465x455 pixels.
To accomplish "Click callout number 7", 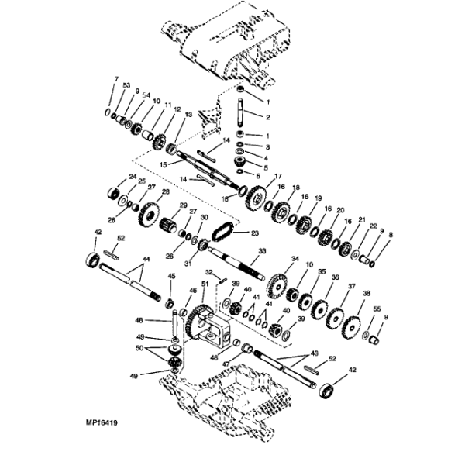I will click(x=117, y=80).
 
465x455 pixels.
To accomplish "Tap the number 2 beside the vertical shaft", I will click(x=267, y=118).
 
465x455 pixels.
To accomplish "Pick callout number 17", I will click(x=277, y=177).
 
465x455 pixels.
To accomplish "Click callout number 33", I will click(x=262, y=251).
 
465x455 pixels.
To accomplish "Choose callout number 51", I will click(x=205, y=285).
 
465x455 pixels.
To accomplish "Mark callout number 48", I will click(x=139, y=319).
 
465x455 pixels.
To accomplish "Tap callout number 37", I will click(x=350, y=286).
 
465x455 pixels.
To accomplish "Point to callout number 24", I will click(x=133, y=178).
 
